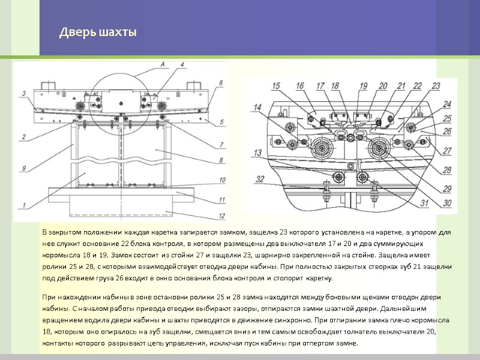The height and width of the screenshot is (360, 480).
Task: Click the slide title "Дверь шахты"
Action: tap(98, 32)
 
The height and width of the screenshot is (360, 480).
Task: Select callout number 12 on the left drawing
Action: tap(222, 216)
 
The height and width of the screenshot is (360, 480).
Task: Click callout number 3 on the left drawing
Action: tap(23, 93)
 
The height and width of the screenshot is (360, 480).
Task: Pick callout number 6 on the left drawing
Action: tap(221, 83)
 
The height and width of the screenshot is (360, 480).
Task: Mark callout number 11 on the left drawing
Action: tap(222, 199)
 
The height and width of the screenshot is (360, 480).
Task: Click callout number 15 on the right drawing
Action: tap(275, 86)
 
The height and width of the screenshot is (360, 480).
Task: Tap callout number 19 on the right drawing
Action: tap(363, 86)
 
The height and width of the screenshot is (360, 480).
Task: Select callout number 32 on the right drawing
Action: tap(260, 178)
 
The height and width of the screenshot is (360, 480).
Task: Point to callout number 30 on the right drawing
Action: tap(448, 203)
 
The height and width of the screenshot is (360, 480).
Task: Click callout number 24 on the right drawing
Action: tap(448, 104)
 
